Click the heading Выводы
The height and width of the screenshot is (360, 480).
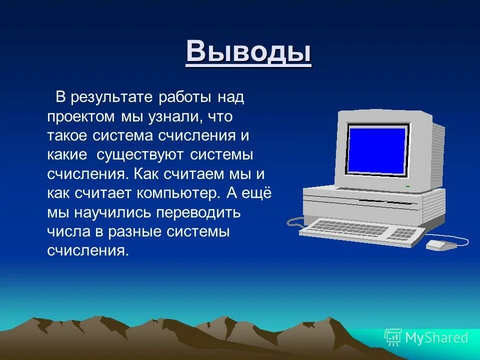tap(248, 52)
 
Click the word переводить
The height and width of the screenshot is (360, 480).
tap(198, 213)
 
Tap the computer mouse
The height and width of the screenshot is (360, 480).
tap(440, 244)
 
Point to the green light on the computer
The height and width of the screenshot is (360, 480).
tap(407, 186)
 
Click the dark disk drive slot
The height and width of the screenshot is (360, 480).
tap(385, 201)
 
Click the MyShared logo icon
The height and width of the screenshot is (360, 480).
tap(393, 337)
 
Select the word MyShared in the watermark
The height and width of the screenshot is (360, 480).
tap(436, 338)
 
